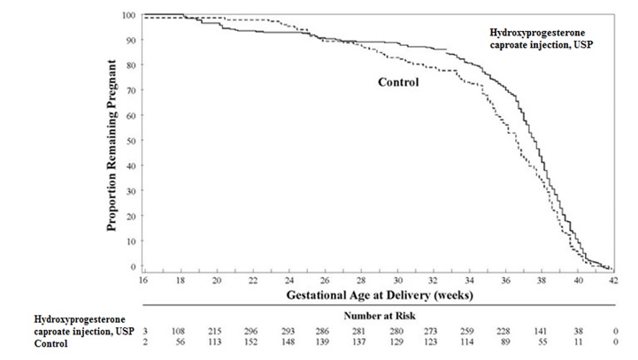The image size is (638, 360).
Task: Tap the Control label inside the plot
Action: coord(398,83)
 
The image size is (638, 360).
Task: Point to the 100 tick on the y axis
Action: coord(129,16)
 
